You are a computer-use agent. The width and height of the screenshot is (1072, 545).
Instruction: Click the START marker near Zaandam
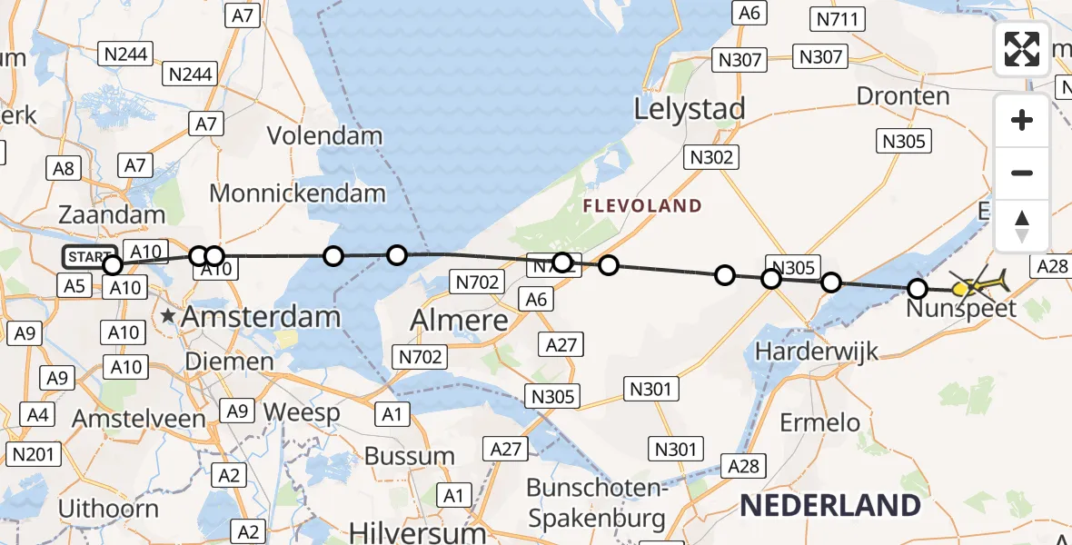[89, 257]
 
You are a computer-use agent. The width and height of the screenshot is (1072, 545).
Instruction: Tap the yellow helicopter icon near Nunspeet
[985, 285]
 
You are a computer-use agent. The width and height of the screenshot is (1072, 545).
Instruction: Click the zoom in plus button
[1022, 120]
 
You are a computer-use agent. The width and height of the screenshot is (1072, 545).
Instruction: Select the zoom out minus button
[1022, 173]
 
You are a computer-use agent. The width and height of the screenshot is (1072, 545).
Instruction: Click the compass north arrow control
[1022, 225]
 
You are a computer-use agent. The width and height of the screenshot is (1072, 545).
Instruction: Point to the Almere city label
[459, 320]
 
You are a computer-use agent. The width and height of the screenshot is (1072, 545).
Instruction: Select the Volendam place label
[324, 136]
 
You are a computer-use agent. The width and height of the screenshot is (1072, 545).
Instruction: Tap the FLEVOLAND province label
[642, 206]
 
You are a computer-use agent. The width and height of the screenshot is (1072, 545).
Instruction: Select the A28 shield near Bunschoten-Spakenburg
[742, 466]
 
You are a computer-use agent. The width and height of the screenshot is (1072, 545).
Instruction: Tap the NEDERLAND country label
[829, 505]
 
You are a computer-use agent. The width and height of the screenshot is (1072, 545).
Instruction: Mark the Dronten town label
[903, 96]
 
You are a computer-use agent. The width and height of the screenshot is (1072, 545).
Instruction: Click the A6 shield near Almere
[536, 299]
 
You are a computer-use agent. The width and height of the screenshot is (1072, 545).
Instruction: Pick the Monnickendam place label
[297, 193]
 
